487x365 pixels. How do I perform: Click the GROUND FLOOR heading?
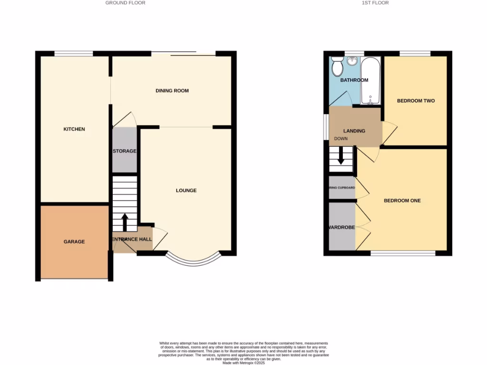point(126,3)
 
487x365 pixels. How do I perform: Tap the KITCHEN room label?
point(74,129)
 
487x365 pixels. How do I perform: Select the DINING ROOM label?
point(172,90)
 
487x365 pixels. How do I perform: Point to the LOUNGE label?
point(186,191)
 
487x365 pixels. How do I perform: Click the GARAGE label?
point(74,241)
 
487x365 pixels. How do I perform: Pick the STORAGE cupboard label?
point(125,151)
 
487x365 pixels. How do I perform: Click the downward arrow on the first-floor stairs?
point(341,156)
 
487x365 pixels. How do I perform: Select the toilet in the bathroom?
point(338,67)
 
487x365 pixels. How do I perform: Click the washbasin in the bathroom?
point(352,61)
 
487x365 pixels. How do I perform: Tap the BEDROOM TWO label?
point(416,101)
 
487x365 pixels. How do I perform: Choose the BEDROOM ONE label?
point(402,201)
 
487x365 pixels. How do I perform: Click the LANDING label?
point(354,131)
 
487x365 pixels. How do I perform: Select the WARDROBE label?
point(341,228)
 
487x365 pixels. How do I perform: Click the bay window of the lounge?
point(194,259)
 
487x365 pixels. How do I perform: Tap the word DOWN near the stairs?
point(341,139)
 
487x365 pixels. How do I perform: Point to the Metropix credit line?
point(243,362)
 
